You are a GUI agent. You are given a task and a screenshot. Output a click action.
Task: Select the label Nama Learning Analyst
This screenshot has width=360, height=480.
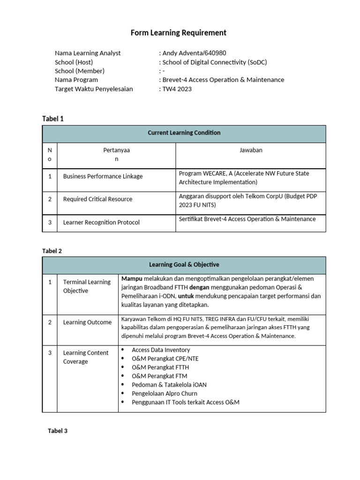tap(88, 53)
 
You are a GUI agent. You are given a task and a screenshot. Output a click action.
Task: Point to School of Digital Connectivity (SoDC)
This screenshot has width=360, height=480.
tap(214, 62)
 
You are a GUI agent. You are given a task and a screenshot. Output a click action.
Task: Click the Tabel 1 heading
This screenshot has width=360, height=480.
tap(53, 119)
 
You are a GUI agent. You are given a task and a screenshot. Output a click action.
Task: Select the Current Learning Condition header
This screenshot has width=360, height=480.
tap(184, 133)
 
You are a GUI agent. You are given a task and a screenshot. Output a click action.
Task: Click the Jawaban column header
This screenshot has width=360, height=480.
tap(251, 150)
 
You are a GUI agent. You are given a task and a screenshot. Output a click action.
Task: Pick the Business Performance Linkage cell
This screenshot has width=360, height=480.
tap(103, 176)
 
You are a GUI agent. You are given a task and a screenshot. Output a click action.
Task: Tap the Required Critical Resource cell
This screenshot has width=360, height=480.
tap(97, 199)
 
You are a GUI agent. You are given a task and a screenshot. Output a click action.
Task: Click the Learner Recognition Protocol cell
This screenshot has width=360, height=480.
tap(101, 222)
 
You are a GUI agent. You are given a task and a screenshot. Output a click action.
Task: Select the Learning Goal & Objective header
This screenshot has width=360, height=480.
tap(184, 265)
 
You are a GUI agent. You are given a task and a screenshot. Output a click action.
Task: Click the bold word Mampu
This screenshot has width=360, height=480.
tap(132, 278)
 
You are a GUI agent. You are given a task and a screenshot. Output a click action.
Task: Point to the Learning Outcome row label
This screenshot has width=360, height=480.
tap(87, 322)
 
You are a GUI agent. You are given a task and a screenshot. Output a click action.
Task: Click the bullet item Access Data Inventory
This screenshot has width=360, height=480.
tap(161, 350)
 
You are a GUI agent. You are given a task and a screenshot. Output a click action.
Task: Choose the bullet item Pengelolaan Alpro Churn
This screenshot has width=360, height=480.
tap(165, 393)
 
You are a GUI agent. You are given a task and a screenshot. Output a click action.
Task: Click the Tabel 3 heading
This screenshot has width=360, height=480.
tap(58, 431)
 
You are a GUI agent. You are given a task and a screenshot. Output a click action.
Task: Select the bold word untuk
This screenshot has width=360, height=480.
tap(186, 296)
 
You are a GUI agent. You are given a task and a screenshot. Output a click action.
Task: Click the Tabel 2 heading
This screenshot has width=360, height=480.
tap(52, 251)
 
